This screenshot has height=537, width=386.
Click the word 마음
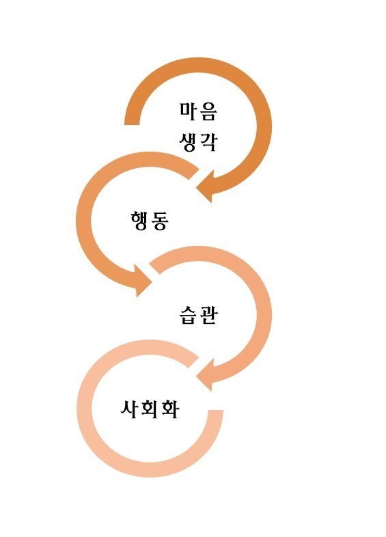click(x=198, y=111)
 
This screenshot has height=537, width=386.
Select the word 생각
click(x=198, y=141)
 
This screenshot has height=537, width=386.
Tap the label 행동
click(x=150, y=221)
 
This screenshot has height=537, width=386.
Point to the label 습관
click(x=198, y=315)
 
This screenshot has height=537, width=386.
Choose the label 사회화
click(x=150, y=409)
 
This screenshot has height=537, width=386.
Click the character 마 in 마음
click(x=189, y=111)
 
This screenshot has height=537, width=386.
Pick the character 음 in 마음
click(x=208, y=111)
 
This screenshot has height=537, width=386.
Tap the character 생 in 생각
click(x=188, y=142)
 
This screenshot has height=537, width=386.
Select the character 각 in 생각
click(x=208, y=141)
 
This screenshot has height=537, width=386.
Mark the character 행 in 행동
click(x=139, y=221)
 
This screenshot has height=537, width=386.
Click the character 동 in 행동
click(x=160, y=221)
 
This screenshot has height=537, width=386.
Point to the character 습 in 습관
click(x=189, y=315)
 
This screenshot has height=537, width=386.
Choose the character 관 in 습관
click(x=208, y=315)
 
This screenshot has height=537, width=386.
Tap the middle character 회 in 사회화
click(x=150, y=409)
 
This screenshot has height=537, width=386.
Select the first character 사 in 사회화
click(x=130, y=409)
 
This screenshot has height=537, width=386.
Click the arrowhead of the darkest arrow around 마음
click(x=206, y=187)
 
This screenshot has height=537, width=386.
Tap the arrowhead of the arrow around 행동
click(x=143, y=281)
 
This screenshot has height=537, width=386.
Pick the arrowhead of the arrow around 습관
click(x=206, y=375)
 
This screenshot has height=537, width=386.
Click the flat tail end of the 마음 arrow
click(x=132, y=124)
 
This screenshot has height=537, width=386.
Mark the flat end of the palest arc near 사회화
click(x=215, y=410)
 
